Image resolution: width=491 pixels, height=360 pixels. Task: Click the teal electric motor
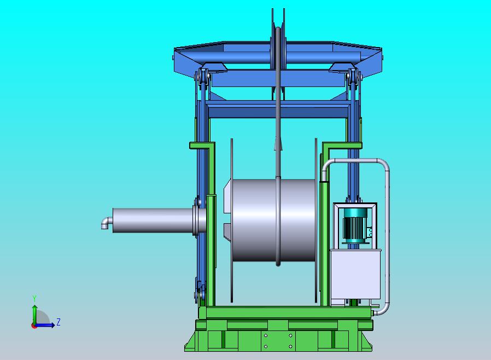click(x=355, y=225)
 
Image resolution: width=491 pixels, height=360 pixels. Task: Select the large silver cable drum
click(x=274, y=220)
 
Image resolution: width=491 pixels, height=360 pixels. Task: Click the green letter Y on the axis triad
click(x=34, y=298)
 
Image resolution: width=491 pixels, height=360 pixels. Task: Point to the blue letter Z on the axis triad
click(x=59, y=322)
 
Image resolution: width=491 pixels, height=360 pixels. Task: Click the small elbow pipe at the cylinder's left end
click(x=106, y=223)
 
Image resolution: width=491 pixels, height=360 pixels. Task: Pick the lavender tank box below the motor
click(x=355, y=274)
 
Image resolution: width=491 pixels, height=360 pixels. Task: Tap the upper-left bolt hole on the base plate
click(x=266, y=335)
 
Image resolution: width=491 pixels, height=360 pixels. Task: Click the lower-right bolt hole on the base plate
click(x=290, y=346)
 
